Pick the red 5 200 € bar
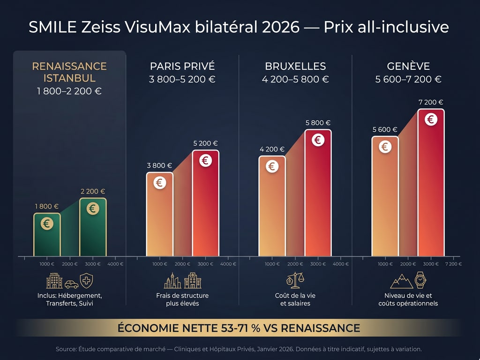(205, 203)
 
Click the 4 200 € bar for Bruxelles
(272, 206)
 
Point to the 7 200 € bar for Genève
(431, 183)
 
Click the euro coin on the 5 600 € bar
(385, 147)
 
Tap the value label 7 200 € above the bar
(431, 102)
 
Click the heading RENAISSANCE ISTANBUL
(69, 72)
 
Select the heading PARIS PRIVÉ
(182, 66)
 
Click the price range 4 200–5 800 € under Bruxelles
(295, 79)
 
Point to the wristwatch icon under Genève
(421, 280)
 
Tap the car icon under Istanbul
(71, 284)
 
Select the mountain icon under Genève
(402, 281)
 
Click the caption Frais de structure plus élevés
(182, 300)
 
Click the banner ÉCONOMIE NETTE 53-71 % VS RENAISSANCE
(239, 328)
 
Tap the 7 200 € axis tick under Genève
(453, 264)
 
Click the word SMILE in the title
(50, 27)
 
